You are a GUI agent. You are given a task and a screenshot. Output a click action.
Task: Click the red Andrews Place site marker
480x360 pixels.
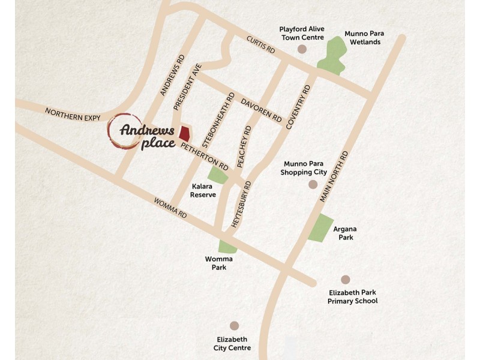tap(185, 133)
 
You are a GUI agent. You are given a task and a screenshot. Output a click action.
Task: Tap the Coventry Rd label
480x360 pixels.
tap(299, 106)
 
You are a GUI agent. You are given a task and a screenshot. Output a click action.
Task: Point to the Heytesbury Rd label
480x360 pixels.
tap(239, 205)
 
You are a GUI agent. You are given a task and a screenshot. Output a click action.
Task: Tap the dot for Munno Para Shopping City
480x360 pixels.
tap(312, 184)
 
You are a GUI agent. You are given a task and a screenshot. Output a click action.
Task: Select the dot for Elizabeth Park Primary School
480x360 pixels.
tap(345, 280)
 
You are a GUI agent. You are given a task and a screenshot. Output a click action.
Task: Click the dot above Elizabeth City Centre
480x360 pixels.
tap(234, 325)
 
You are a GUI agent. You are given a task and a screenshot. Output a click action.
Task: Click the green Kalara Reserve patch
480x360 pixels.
tap(218, 175)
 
